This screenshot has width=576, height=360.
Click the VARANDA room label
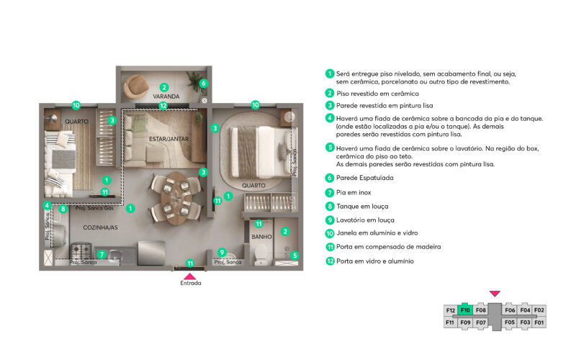coord(166,96)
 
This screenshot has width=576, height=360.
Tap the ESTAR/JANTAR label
coord(169,139)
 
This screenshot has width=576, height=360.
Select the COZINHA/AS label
coord(100,228)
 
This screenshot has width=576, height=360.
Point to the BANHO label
coord(261,237)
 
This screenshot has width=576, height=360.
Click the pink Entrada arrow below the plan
coord(190,276)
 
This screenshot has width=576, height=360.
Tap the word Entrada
coord(191,283)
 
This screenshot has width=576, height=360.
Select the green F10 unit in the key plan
coord(465,310)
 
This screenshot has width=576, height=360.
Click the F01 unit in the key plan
coord(539,323)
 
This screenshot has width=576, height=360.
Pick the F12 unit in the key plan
coord(451,310)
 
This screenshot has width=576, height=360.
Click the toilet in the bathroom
coord(261,254)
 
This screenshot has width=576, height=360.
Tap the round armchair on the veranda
coord(135,86)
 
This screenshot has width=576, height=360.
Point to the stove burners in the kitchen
coord(81,251)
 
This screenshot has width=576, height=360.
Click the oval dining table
coord(176,199)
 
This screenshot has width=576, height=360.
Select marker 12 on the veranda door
coord(163,106)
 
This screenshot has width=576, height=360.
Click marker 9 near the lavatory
coord(222,252)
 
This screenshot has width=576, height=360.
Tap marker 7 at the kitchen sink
coord(102,254)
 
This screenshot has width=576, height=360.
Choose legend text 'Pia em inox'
coord(354,192)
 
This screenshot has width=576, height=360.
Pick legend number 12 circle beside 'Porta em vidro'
coord(330,261)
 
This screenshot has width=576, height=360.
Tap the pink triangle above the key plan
coord(495,294)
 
